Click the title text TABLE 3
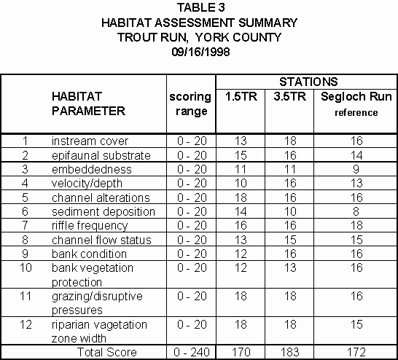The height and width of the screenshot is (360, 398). pos(200,8)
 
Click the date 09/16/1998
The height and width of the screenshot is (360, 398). pos(200,52)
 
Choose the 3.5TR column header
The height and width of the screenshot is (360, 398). pos(289,97)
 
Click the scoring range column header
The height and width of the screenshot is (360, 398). pos(191,104)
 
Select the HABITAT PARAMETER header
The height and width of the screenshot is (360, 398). pos(88,104)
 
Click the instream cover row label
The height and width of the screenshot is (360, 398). pos(90,141)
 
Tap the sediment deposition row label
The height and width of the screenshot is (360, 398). pos(103,211)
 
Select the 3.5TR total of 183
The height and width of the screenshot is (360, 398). pos(289,352)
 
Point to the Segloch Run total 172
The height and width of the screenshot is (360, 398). pos(356,352)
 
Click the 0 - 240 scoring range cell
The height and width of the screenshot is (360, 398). pos(191,352)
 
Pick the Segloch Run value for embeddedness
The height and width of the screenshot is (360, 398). pos(356,169)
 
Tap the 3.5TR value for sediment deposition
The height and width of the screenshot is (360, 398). pos(289,211)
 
